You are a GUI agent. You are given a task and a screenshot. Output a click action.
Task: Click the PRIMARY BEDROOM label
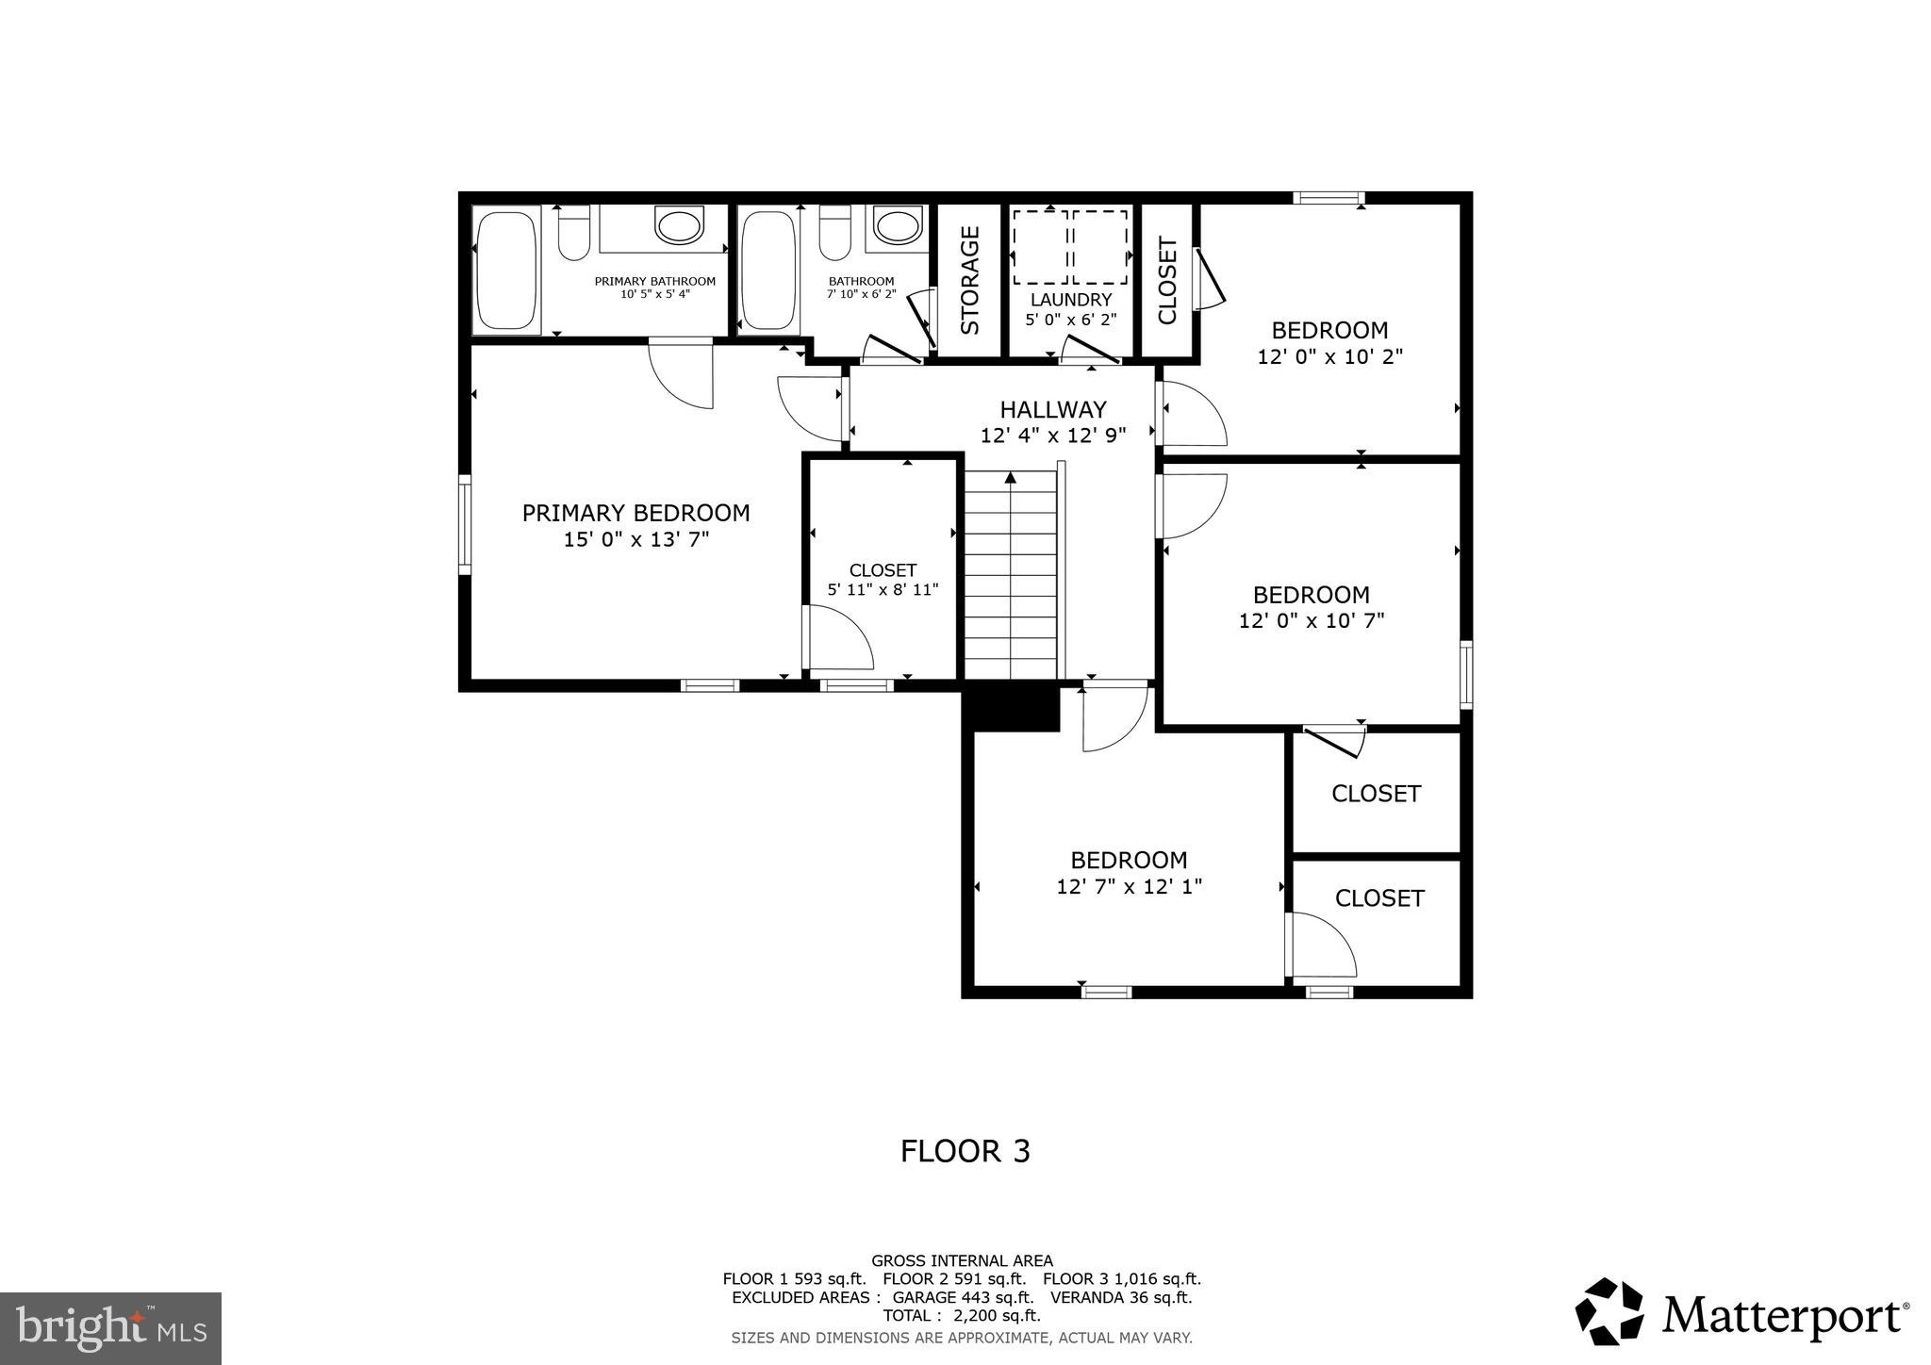coord(635,513)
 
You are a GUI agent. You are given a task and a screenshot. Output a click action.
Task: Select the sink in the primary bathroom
coord(679,227)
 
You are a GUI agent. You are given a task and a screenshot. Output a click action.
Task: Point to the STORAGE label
coord(970,280)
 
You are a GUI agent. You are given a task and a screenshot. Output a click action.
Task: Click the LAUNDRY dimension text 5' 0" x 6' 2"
coord(1071,320)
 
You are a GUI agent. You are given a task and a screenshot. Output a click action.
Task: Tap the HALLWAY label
coord(1052,409)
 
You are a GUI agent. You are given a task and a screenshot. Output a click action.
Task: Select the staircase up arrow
coord(1011,478)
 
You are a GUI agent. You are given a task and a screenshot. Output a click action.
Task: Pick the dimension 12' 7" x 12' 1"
coord(1129,887)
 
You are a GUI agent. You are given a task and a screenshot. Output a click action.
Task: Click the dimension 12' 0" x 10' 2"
coord(1329,357)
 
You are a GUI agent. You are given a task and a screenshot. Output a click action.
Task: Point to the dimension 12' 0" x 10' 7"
coord(1311,621)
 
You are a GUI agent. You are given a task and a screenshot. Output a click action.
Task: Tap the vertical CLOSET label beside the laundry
coord(1167,281)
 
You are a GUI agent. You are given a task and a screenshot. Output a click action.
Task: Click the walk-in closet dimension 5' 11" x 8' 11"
coord(883,590)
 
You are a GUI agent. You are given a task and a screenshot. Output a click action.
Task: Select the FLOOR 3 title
coord(965,1151)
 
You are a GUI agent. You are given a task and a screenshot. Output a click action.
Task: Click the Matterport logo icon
coord(1609,1311)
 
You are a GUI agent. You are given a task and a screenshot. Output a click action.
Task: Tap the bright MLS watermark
coord(110,1329)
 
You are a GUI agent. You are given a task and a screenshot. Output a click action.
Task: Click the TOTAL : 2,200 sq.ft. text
coord(961,1315)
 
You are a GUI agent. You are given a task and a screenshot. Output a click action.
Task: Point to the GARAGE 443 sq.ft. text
coord(963,1297)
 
